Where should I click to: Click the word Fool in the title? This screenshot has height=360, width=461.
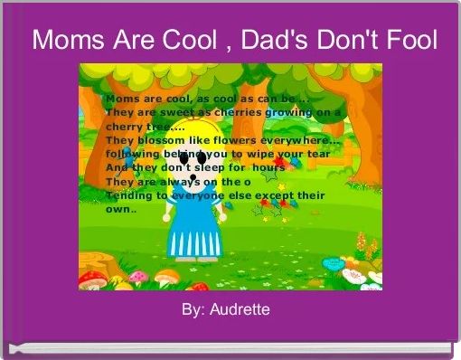coord(408,41)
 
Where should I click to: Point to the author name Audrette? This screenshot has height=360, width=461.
coord(240,310)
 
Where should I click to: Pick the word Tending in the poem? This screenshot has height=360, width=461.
coord(129,195)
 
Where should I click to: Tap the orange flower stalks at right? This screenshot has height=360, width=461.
coord(362,242)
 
